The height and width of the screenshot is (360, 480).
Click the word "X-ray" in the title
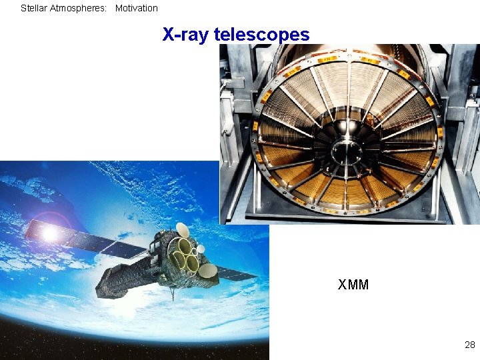coord(185,35)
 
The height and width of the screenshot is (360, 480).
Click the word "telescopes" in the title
coord(261,35)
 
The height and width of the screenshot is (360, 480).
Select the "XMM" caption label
coord(353,285)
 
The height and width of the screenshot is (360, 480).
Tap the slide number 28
coord(470,345)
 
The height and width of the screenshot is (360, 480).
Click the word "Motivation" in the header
coord(137,9)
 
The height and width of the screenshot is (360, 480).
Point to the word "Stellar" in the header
coord(33,9)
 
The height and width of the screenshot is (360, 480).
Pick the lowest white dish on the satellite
coord(207,271)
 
